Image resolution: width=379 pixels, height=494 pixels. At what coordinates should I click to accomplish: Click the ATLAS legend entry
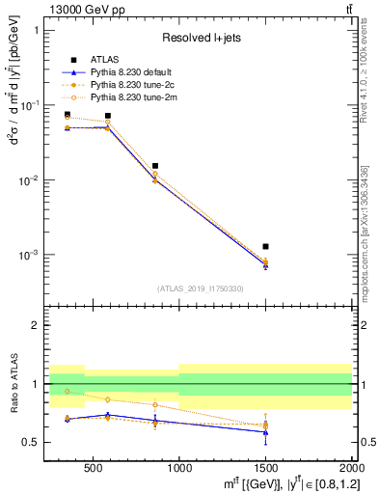click(x=106, y=59)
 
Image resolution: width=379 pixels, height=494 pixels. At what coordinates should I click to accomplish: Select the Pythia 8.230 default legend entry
click(x=131, y=71)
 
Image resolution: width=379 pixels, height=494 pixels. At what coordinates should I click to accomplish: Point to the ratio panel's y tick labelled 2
click(x=39, y=325)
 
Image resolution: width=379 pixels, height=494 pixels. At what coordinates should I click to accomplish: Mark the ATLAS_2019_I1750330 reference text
click(x=202, y=288)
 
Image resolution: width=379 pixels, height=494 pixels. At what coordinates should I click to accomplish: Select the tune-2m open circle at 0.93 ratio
click(x=67, y=391)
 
